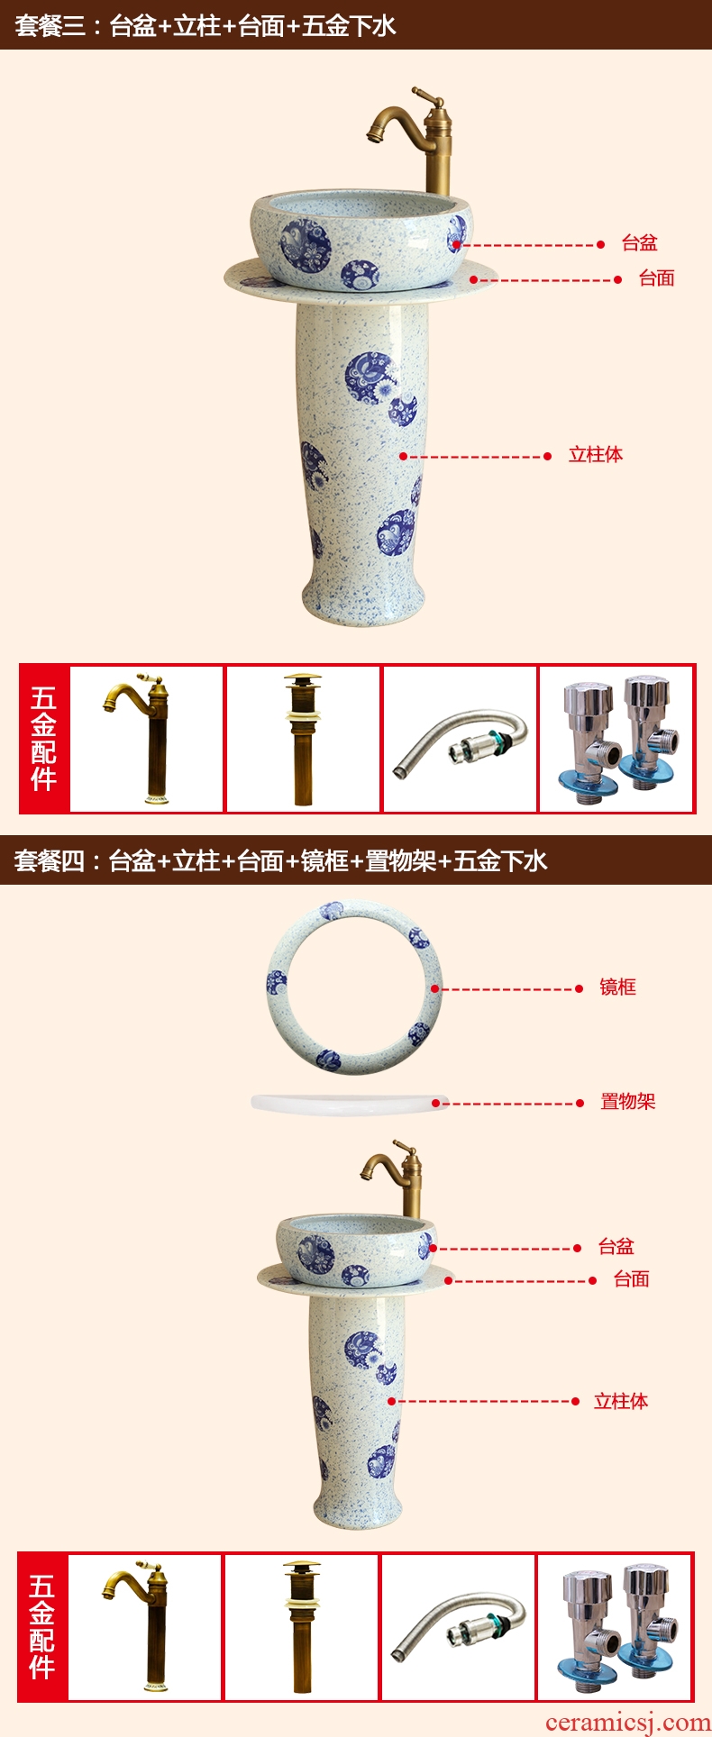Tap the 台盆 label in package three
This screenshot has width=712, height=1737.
[x=639, y=243]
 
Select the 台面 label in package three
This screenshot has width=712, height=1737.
[x=656, y=278]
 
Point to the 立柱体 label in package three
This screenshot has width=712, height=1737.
[x=596, y=455]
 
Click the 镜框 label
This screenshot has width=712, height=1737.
[x=617, y=987]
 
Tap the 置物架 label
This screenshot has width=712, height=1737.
[x=628, y=1102]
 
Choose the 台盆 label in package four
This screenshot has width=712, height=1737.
[x=616, y=1247]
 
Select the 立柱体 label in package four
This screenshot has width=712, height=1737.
[x=621, y=1401]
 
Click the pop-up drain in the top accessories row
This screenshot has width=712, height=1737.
[x=302, y=740]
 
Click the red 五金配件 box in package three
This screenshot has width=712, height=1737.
[x=44, y=739]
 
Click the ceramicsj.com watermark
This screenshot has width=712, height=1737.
[x=628, y=1722]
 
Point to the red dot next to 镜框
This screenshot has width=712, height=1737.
[x=580, y=989]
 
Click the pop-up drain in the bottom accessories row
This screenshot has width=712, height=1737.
[x=301, y=1627]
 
